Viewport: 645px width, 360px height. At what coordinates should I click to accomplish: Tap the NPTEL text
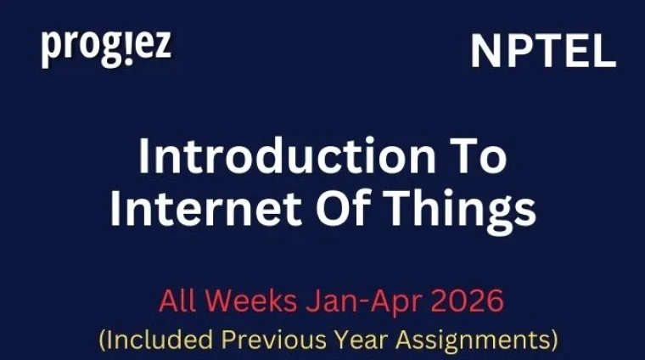(x=543, y=52)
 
